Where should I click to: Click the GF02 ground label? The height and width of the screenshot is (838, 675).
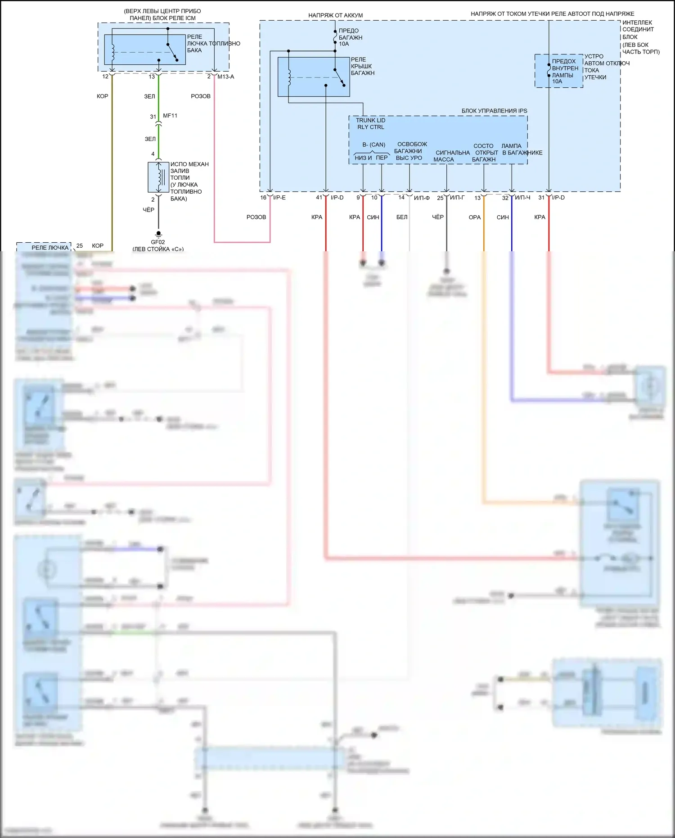click(x=157, y=242)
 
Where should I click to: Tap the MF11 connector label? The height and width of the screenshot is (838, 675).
click(x=170, y=116)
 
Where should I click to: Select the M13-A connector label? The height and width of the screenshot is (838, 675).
click(x=225, y=77)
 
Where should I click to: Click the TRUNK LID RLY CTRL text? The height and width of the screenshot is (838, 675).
click(x=370, y=124)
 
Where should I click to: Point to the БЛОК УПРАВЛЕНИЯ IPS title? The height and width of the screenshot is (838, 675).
click(x=494, y=111)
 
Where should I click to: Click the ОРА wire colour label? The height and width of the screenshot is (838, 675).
click(x=475, y=217)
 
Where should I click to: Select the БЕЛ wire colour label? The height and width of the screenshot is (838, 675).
click(x=402, y=217)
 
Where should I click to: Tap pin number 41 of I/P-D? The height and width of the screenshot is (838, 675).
click(x=319, y=198)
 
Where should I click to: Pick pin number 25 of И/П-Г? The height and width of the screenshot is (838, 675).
click(x=440, y=198)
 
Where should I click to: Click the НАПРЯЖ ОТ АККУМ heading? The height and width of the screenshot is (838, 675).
click(x=335, y=15)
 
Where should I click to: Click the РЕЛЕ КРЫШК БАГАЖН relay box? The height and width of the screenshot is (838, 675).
click(x=314, y=77)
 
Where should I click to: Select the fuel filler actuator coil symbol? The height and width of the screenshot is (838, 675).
click(x=158, y=177)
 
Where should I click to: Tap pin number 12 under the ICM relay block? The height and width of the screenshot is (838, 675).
click(x=105, y=77)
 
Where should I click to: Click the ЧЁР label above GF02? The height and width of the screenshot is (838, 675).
click(x=148, y=210)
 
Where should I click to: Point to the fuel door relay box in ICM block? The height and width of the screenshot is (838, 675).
click(x=145, y=50)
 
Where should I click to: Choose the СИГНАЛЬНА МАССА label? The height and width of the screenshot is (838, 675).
click(x=452, y=156)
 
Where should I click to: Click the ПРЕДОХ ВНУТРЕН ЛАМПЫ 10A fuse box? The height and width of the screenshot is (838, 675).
click(x=558, y=71)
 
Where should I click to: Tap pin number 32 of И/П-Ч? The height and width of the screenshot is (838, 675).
click(x=505, y=198)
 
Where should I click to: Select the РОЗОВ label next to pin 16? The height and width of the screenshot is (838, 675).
click(x=256, y=217)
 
